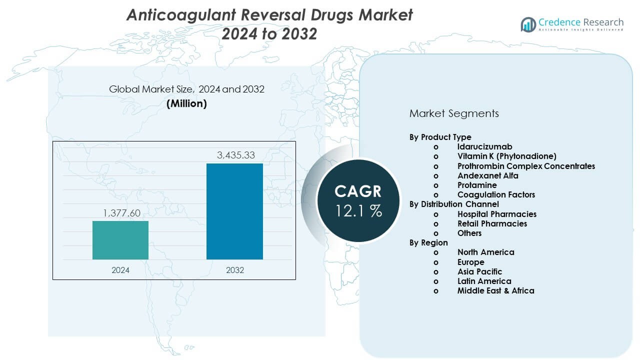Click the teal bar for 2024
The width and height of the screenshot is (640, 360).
click(x=120, y=240)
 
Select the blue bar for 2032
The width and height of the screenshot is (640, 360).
click(x=234, y=211)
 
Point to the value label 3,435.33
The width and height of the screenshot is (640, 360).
click(x=235, y=155)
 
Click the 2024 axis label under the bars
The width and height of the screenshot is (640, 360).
click(x=120, y=270)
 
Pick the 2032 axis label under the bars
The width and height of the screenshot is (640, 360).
click(x=235, y=270)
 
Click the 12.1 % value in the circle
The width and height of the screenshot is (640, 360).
click(x=358, y=211)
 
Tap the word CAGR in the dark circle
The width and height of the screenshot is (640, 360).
click(x=358, y=191)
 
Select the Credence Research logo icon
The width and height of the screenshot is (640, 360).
click(x=528, y=24)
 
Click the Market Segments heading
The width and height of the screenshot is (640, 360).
click(x=454, y=113)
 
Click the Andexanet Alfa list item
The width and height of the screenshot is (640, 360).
click(x=487, y=175)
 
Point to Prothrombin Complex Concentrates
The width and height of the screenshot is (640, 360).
click(x=526, y=166)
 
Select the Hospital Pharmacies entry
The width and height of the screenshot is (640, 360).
click(x=496, y=214)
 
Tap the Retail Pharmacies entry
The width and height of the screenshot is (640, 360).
click(x=492, y=223)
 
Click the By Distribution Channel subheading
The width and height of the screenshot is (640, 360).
click(x=454, y=204)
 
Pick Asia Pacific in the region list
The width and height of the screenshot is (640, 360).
click(x=479, y=271)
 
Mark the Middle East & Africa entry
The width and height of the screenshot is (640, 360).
click(x=495, y=290)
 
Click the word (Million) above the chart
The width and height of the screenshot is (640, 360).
click(x=186, y=103)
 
